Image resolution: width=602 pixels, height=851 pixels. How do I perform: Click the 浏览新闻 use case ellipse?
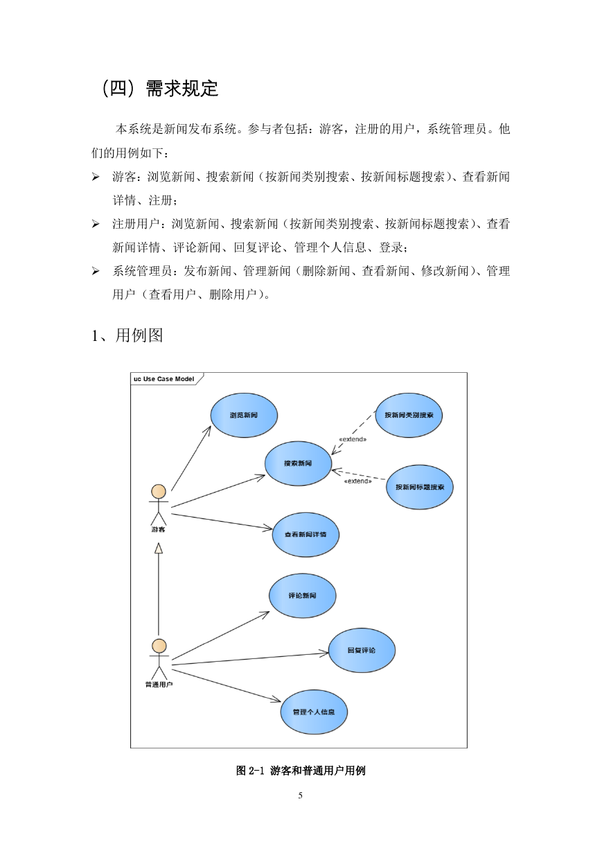[244, 415]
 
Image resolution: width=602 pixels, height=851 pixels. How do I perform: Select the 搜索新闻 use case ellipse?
[298, 464]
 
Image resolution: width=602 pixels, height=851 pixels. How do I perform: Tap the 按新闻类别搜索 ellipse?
[409, 415]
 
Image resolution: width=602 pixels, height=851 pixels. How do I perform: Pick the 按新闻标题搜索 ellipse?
[420, 487]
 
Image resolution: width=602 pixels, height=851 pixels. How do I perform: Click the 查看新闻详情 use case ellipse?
[306, 534]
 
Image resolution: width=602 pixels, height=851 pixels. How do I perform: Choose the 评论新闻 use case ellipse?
[302, 596]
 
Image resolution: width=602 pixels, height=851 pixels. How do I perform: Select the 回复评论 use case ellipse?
[362, 651]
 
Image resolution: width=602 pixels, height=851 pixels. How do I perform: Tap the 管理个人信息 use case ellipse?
[314, 712]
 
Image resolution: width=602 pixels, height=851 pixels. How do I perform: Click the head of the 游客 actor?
[159, 491]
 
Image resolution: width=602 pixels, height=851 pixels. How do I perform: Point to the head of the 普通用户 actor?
[159, 647]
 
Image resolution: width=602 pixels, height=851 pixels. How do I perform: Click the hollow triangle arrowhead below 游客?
[159, 548]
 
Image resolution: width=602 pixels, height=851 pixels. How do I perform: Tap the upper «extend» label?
[353, 439]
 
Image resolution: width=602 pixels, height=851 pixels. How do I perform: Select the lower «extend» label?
[357, 482]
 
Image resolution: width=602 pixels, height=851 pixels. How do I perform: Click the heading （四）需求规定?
[159, 89]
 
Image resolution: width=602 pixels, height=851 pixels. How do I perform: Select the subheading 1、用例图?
[127, 335]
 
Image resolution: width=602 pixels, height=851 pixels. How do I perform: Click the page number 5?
[301, 796]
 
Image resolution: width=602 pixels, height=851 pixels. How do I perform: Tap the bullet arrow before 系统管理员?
[96, 271]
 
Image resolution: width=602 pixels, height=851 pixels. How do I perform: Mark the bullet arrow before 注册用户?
[96, 224]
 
